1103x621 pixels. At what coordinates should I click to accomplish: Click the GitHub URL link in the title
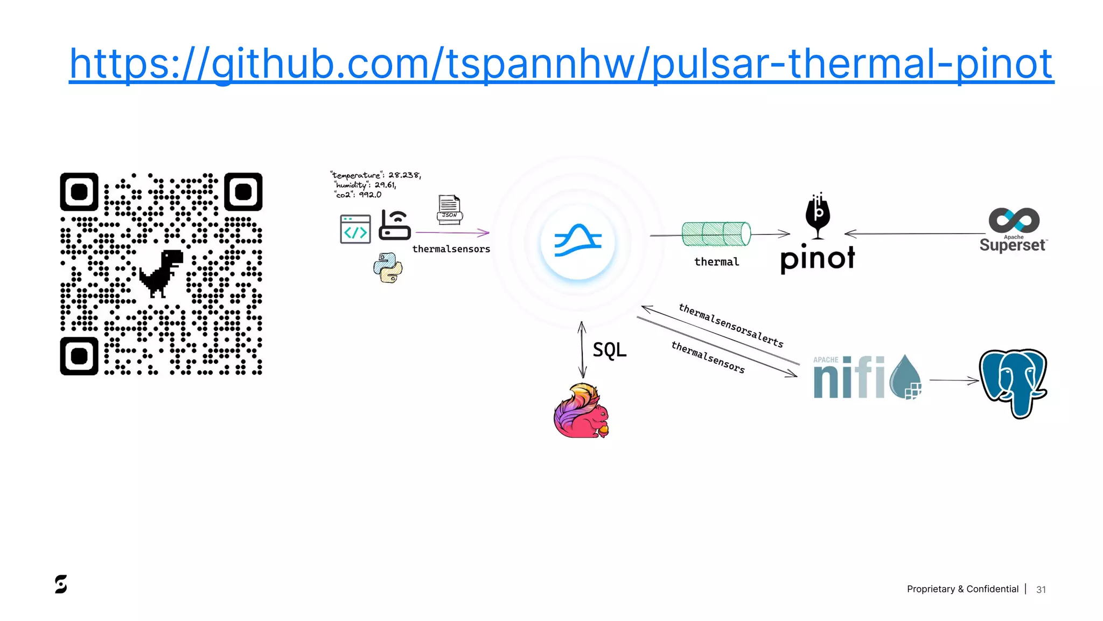pos(561,64)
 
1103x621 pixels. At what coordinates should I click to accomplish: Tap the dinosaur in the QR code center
pos(160,273)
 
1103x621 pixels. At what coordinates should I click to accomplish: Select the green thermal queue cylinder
pos(716,233)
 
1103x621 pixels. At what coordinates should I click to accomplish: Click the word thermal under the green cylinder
pos(716,262)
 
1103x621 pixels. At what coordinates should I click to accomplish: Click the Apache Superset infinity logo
pos(1014,220)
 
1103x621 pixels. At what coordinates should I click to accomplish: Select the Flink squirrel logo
pos(581,411)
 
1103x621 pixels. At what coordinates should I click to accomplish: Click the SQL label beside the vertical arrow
pos(610,350)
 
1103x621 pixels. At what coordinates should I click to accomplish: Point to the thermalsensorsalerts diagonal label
pos(730,326)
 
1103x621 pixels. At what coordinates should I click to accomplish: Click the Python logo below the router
pos(388,268)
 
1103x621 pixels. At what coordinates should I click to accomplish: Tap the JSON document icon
pos(449,209)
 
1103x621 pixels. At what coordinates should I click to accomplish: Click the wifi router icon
pos(395,225)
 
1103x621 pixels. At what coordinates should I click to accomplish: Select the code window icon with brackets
pos(355,229)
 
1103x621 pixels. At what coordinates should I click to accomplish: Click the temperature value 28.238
pos(404,175)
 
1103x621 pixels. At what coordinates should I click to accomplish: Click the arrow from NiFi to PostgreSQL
pos(953,381)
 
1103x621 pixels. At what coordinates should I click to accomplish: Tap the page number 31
pos(1041,590)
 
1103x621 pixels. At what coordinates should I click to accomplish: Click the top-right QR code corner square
pos(243,192)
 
